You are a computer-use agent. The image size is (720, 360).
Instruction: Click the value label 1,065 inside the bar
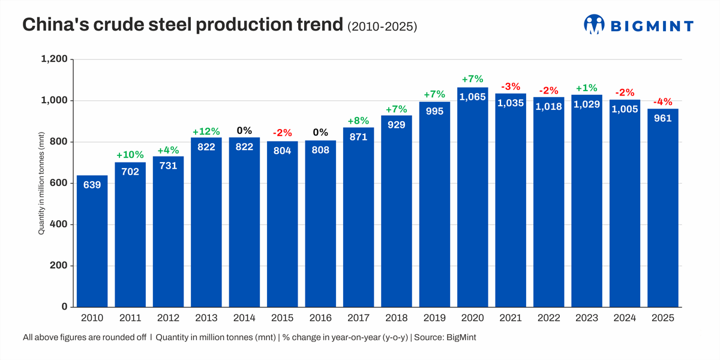point(472,97)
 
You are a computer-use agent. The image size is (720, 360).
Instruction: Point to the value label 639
point(92,185)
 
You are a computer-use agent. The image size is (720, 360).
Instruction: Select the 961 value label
point(662,118)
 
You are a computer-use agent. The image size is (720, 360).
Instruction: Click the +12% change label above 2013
point(206,131)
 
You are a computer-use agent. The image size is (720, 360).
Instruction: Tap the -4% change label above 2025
point(662,102)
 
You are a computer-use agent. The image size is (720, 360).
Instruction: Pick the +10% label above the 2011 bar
point(130,155)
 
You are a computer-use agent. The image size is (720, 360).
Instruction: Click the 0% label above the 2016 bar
point(320,133)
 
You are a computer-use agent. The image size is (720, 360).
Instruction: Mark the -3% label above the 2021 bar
point(511,87)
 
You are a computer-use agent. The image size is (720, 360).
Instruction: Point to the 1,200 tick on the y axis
point(53,59)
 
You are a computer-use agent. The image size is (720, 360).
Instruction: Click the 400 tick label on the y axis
point(58,224)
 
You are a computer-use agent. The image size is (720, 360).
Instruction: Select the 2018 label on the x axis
point(397,318)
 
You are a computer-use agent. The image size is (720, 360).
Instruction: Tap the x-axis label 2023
point(587,318)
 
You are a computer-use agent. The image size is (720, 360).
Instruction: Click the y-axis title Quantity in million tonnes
point(42,183)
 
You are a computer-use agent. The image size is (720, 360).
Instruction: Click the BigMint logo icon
point(594,25)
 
